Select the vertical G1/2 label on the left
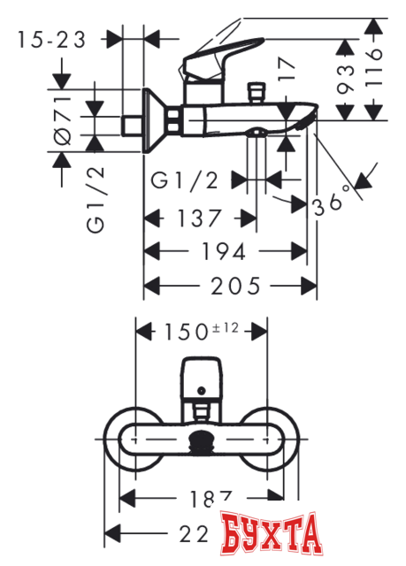click(96, 203)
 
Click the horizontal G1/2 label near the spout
click(185, 180)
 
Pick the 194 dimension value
click(220, 251)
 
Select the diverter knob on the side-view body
click(259, 91)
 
